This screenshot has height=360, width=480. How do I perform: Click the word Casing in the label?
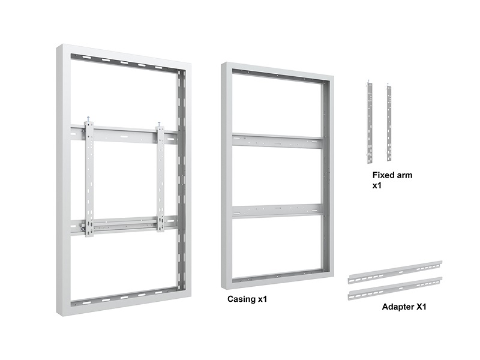click(241, 299)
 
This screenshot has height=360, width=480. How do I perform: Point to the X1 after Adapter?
click(419, 307)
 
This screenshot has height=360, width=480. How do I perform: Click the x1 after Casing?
click(262, 299)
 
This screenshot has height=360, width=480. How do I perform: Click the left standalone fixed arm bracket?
click(370, 122)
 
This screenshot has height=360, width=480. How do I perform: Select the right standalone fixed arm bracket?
click(389, 122)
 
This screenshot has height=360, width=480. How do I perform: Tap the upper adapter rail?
click(395, 272)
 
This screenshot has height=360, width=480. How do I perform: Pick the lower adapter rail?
click(395, 289)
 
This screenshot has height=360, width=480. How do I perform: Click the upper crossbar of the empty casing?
click(277, 140)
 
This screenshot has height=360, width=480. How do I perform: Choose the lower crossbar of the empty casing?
click(277, 211)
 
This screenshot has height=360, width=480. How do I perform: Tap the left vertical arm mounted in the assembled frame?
click(89, 179)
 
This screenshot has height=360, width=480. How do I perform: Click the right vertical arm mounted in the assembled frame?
click(160, 178)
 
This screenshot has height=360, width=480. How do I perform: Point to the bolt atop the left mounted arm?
click(88, 119)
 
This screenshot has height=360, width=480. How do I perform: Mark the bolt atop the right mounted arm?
click(159, 125)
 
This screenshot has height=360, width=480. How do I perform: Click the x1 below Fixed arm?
click(377, 186)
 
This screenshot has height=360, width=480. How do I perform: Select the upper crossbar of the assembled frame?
click(124, 134)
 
